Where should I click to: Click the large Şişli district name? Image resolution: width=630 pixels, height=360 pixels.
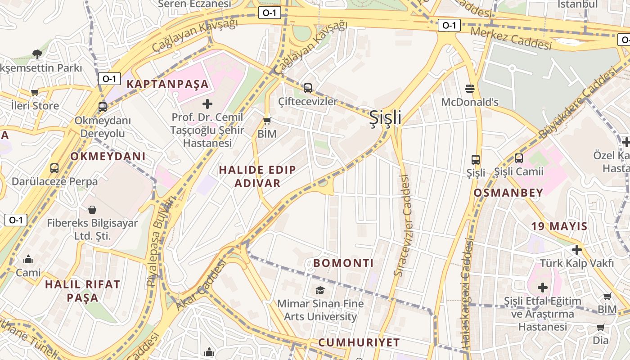[385, 118]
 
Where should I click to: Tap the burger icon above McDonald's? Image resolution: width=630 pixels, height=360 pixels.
[470, 88]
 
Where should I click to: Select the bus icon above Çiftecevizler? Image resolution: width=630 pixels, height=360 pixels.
[308, 88]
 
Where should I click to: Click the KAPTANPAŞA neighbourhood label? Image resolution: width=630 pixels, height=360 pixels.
[167, 84]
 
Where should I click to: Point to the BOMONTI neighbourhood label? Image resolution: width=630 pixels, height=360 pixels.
[343, 263]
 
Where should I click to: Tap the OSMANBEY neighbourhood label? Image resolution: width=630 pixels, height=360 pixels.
[508, 193]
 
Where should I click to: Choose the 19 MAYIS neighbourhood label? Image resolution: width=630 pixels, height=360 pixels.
[559, 226]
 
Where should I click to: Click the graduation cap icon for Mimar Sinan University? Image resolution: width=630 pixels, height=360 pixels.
[320, 290]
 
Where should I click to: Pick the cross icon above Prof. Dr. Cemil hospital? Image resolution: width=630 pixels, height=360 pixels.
[207, 104]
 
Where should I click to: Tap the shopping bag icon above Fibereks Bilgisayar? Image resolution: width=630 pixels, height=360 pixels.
[92, 210]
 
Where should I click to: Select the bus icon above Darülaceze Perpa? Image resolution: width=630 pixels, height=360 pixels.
[54, 168]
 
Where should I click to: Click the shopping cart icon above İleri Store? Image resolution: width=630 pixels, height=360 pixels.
[35, 93]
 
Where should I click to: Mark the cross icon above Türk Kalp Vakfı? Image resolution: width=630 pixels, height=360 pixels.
[576, 250]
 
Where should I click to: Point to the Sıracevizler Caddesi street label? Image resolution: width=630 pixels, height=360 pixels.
[403, 225]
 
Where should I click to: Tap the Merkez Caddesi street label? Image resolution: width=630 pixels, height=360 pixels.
[511, 38]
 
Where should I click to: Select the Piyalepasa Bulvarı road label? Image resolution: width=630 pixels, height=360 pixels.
[160, 242]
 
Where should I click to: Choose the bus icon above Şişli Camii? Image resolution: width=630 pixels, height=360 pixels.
[519, 158]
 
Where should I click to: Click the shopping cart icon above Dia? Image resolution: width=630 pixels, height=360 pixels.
[600, 328]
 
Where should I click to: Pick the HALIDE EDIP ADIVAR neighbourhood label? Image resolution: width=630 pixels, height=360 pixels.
[257, 176]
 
